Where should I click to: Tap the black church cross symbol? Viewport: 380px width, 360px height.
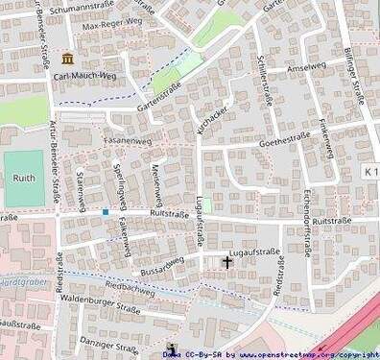pos(227,261)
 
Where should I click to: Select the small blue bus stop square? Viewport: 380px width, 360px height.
pos(106,211)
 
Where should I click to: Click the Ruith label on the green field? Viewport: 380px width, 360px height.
pos(24,179)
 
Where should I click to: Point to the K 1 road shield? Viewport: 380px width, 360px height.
pos(371,170)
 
